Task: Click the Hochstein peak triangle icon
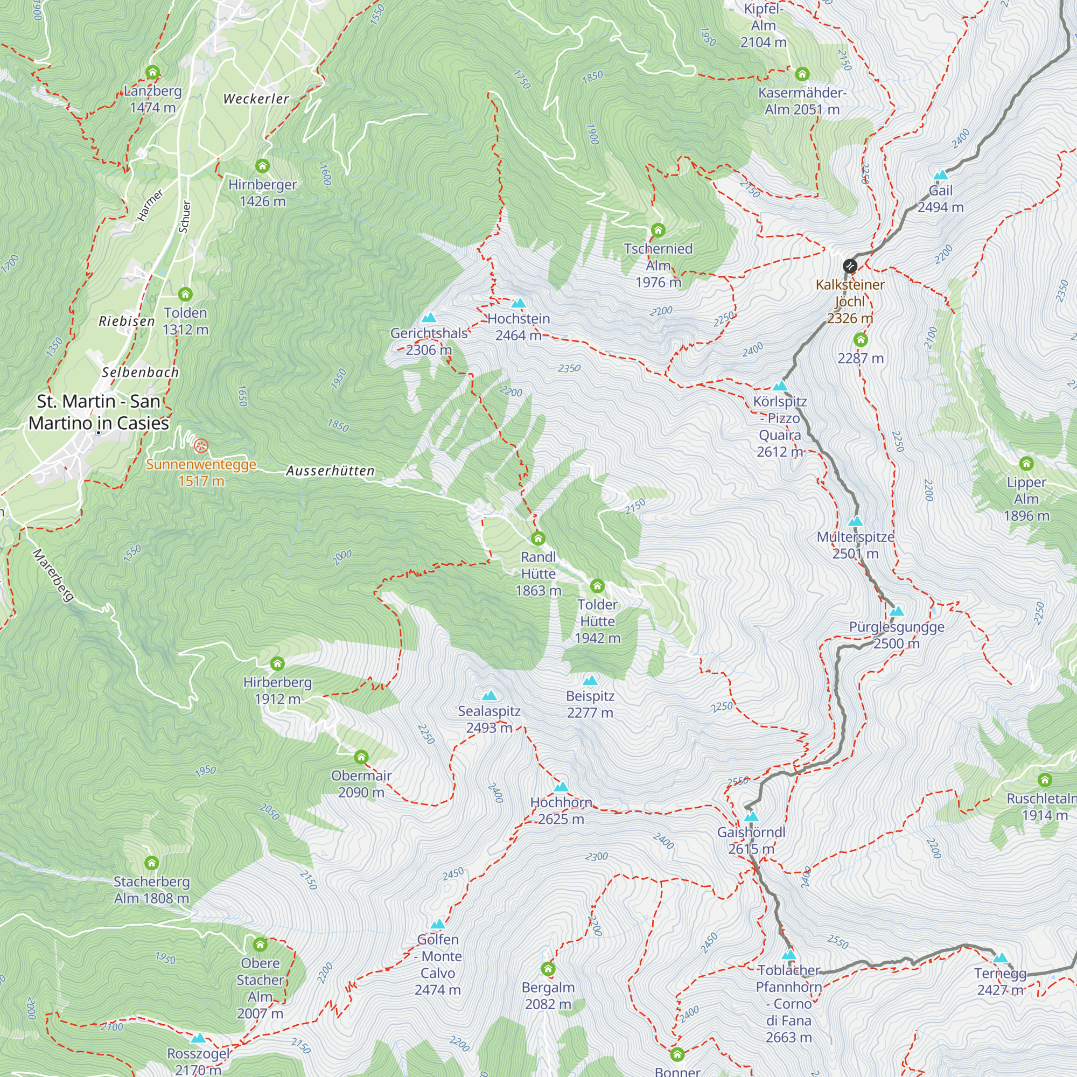(x=519, y=303)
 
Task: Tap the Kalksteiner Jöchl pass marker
(x=849, y=266)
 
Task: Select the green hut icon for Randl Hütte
(x=538, y=538)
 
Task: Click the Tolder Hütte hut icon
(x=597, y=586)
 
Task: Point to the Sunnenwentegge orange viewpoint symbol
(x=201, y=446)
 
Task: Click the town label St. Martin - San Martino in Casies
(x=99, y=412)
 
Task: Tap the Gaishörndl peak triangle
(x=751, y=817)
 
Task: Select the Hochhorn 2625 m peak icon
(x=561, y=787)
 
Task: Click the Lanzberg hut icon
(x=152, y=73)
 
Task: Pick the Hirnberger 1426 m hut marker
(x=262, y=166)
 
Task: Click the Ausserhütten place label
(x=330, y=471)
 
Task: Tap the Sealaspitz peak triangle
(x=489, y=696)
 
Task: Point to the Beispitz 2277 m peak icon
(x=590, y=681)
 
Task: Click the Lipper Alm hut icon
(x=1026, y=464)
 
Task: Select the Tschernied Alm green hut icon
(x=658, y=230)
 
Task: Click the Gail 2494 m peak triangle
(x=940, y=175)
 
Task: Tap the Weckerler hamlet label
(x=256, y=99)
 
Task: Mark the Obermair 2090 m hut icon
(x=361, y=757)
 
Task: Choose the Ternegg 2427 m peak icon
(x=1001, y=959)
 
